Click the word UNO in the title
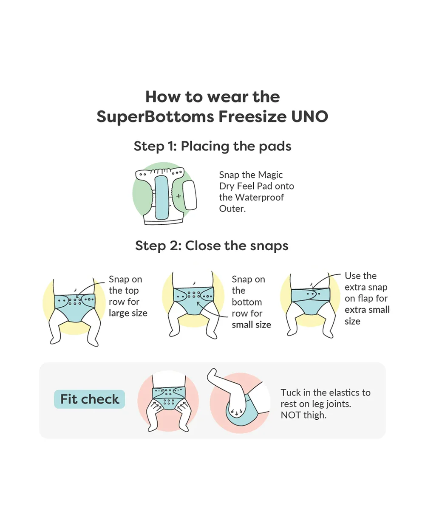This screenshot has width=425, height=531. [310, 116]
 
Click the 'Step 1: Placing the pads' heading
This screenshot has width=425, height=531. [212, 146]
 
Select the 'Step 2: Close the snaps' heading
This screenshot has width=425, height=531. [212, 246]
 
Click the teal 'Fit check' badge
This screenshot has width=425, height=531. [89, 399]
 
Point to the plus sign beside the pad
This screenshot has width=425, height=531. [178, 196]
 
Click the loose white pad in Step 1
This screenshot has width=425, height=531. [190, 195]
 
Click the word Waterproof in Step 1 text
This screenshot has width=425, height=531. [259, 198]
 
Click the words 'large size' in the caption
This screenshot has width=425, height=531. [128, 313]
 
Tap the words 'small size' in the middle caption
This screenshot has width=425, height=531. [252, 325]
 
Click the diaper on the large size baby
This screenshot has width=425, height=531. [74, 308]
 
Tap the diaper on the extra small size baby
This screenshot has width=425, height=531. [311, 301]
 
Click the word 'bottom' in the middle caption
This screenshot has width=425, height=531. [246, 302]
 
